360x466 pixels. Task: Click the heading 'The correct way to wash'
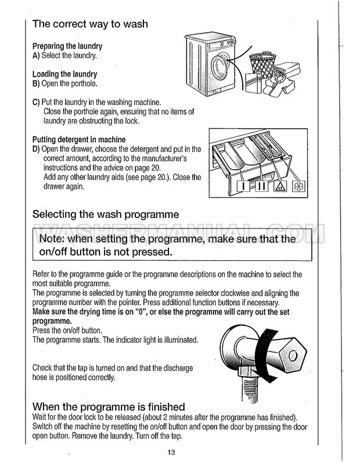(x=90, y=24)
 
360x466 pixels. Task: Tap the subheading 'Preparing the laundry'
(x=67, y=46)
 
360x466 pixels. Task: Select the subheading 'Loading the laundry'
(x=64, y=74)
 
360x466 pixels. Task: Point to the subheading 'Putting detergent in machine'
(x=79, y=139)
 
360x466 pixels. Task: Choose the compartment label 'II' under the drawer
(x=262, y=187)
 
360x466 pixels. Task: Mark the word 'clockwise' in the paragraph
(x=238, y=293)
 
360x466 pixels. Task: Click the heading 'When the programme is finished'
(x=109, y=406)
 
